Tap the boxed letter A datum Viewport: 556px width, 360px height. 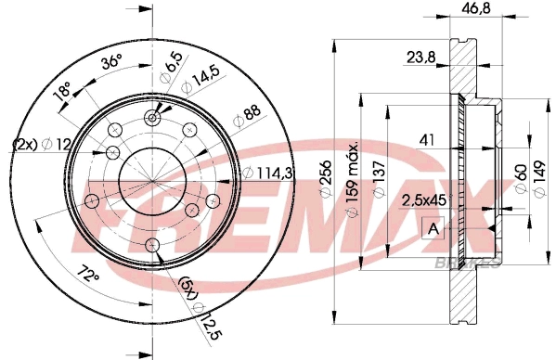(433, 227)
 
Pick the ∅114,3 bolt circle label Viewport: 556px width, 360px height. (270, 172)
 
